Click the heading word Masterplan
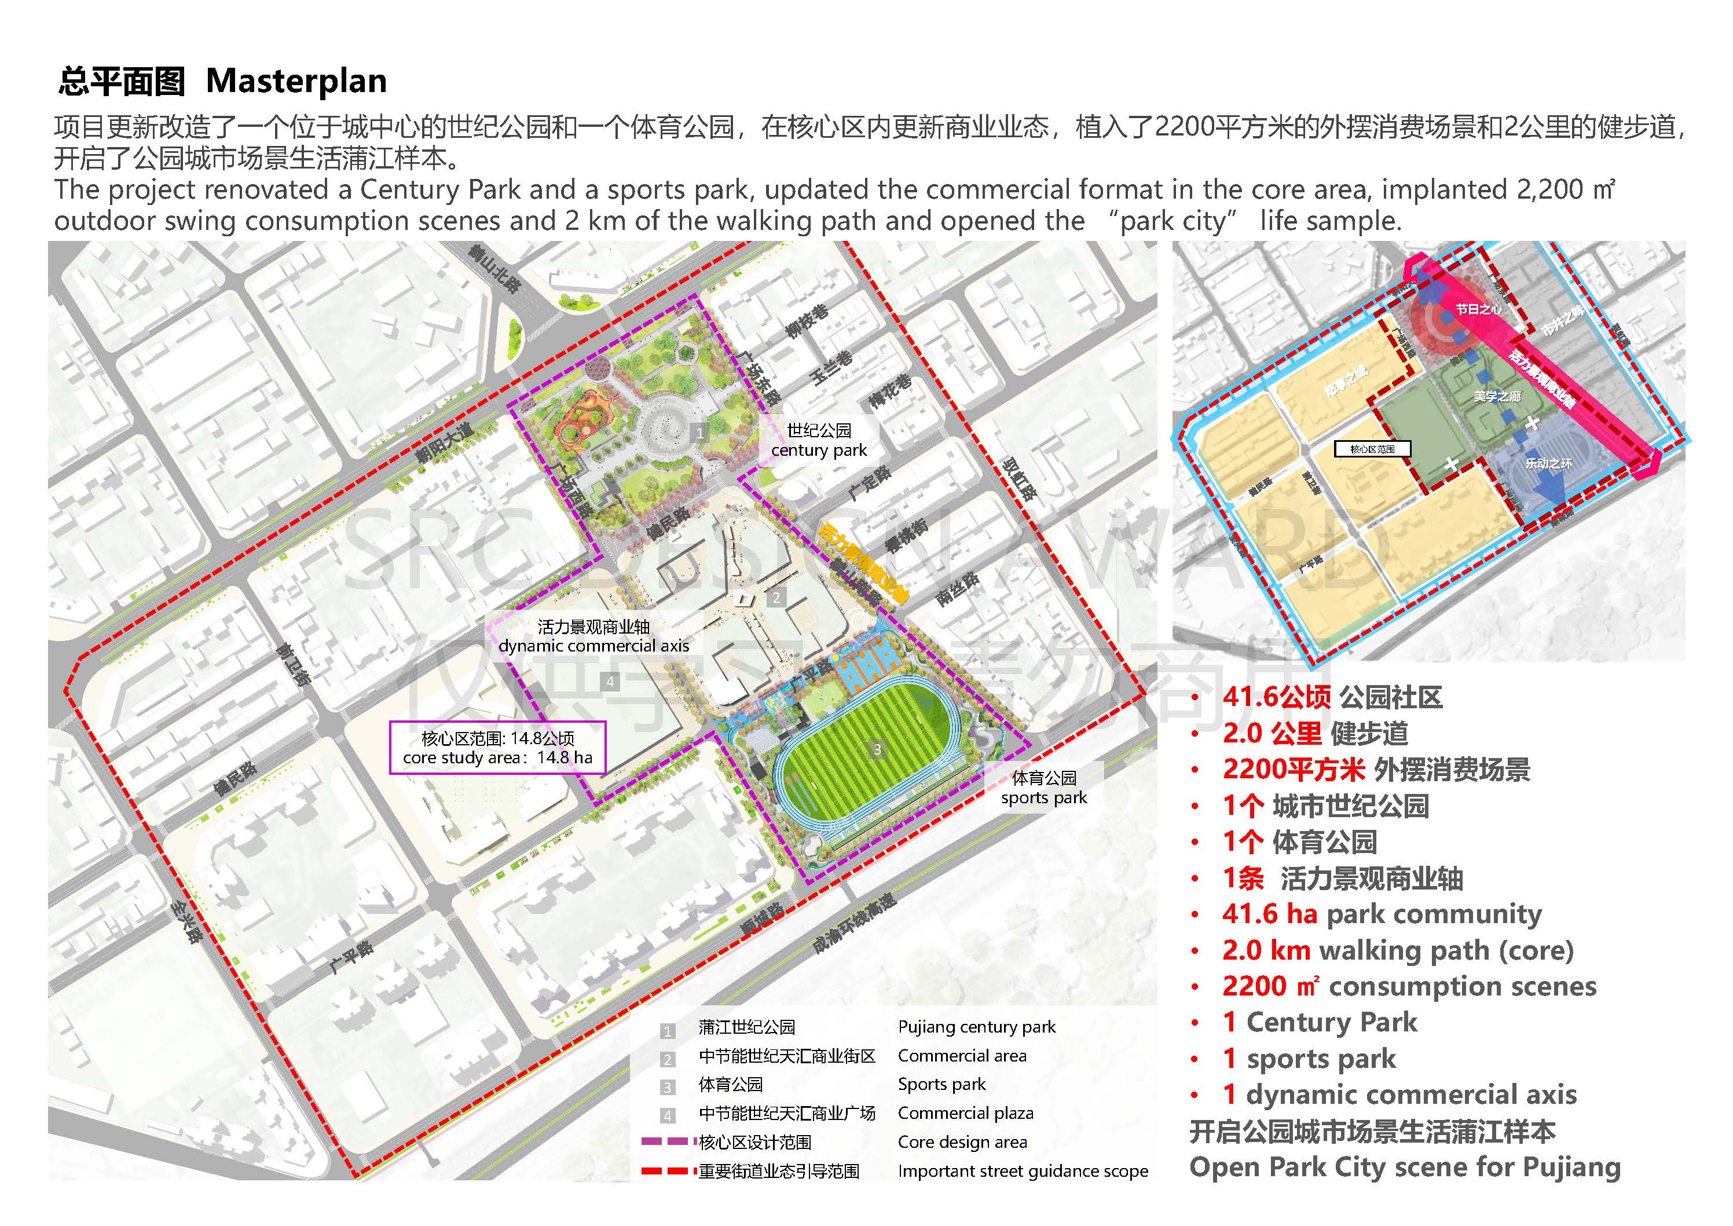coord(296,80)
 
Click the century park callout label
coord(819,441)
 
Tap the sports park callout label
coord(1044,788)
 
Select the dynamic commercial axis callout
coord(593,636)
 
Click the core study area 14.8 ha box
coord(497,748)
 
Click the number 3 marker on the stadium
coord(877,749)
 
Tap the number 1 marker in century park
coord(699,433)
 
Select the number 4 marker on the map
coord(610,682)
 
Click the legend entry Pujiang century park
coord(977,1027)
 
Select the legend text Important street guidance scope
coord(1023,1171)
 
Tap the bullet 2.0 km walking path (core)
coord(1398,950)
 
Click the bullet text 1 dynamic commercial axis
coord(1400,1095)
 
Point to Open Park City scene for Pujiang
coord(1405,1167)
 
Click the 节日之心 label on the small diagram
coord(1479,309)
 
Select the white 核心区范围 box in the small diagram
coord(1372,449)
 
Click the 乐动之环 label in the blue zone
coord(1549,463)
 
